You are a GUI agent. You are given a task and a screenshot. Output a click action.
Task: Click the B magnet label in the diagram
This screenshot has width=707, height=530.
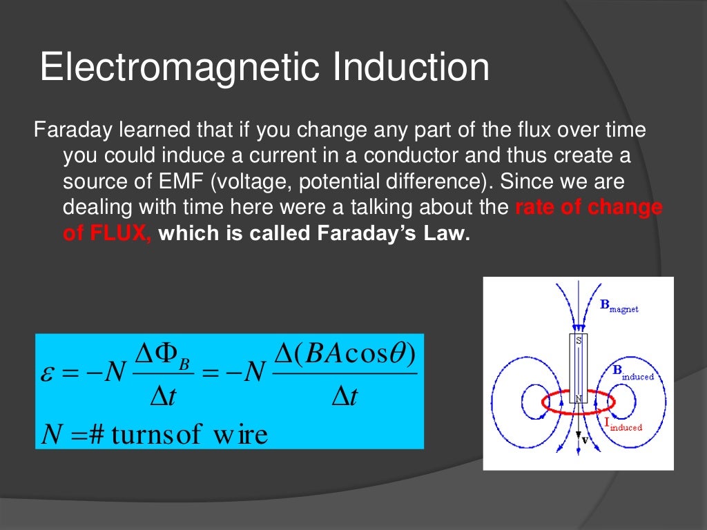(619, 306)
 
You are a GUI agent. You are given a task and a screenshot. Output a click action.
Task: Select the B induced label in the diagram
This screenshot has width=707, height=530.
(632, 373)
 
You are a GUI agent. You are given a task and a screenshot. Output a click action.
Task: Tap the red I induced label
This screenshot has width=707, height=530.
(623, 425)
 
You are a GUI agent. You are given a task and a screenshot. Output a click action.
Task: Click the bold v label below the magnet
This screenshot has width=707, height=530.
(585, 440)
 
